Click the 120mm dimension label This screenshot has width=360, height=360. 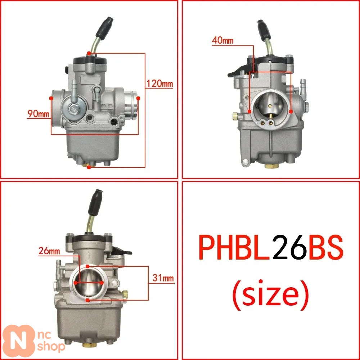159,84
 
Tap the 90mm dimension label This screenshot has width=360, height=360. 39,113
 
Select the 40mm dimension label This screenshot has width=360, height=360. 222,40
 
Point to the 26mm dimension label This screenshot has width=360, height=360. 49,251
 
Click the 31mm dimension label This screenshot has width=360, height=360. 163,278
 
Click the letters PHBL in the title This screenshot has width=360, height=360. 234,248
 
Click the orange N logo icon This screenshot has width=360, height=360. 19,341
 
